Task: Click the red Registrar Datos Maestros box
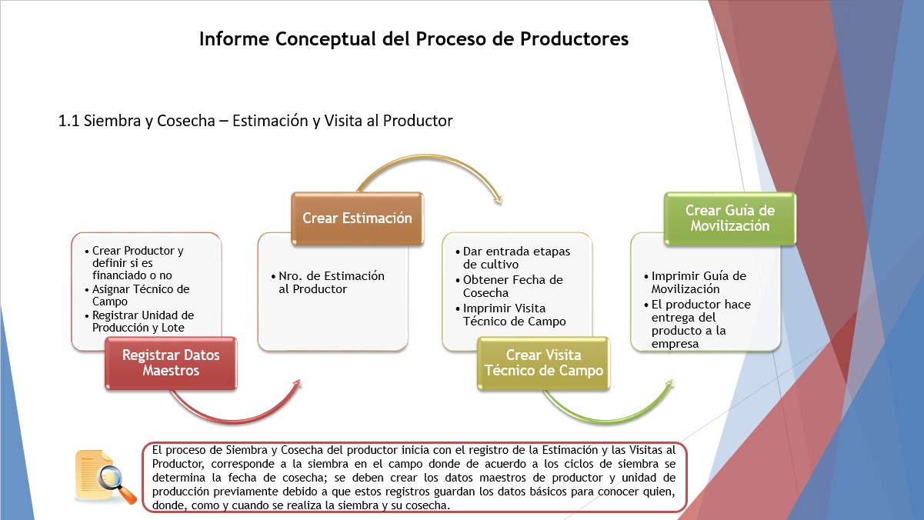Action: point(171,363)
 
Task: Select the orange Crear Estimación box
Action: point(357,218)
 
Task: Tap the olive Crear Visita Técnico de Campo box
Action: point(543,363)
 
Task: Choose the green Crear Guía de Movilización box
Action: point(729,218)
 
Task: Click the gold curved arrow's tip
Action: point(500,202)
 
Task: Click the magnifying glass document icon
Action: point(105,477)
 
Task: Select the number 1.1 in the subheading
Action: point(68,121)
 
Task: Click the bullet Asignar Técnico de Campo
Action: point(141,295)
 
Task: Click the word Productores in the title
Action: point(574,39)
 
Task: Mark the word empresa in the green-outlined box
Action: point(675,344)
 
